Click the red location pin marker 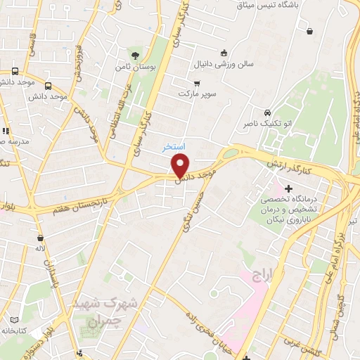[181, 166]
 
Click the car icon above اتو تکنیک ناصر [267, 112]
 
